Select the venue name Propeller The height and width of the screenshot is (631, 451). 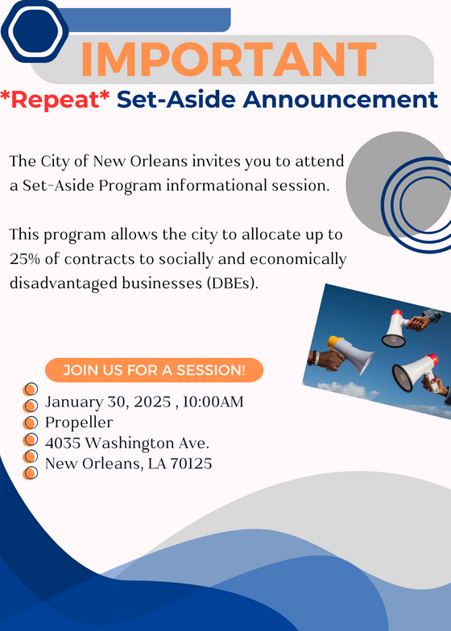[x=79, y=422]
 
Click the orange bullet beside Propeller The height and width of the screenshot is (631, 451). [x=31, y=422]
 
